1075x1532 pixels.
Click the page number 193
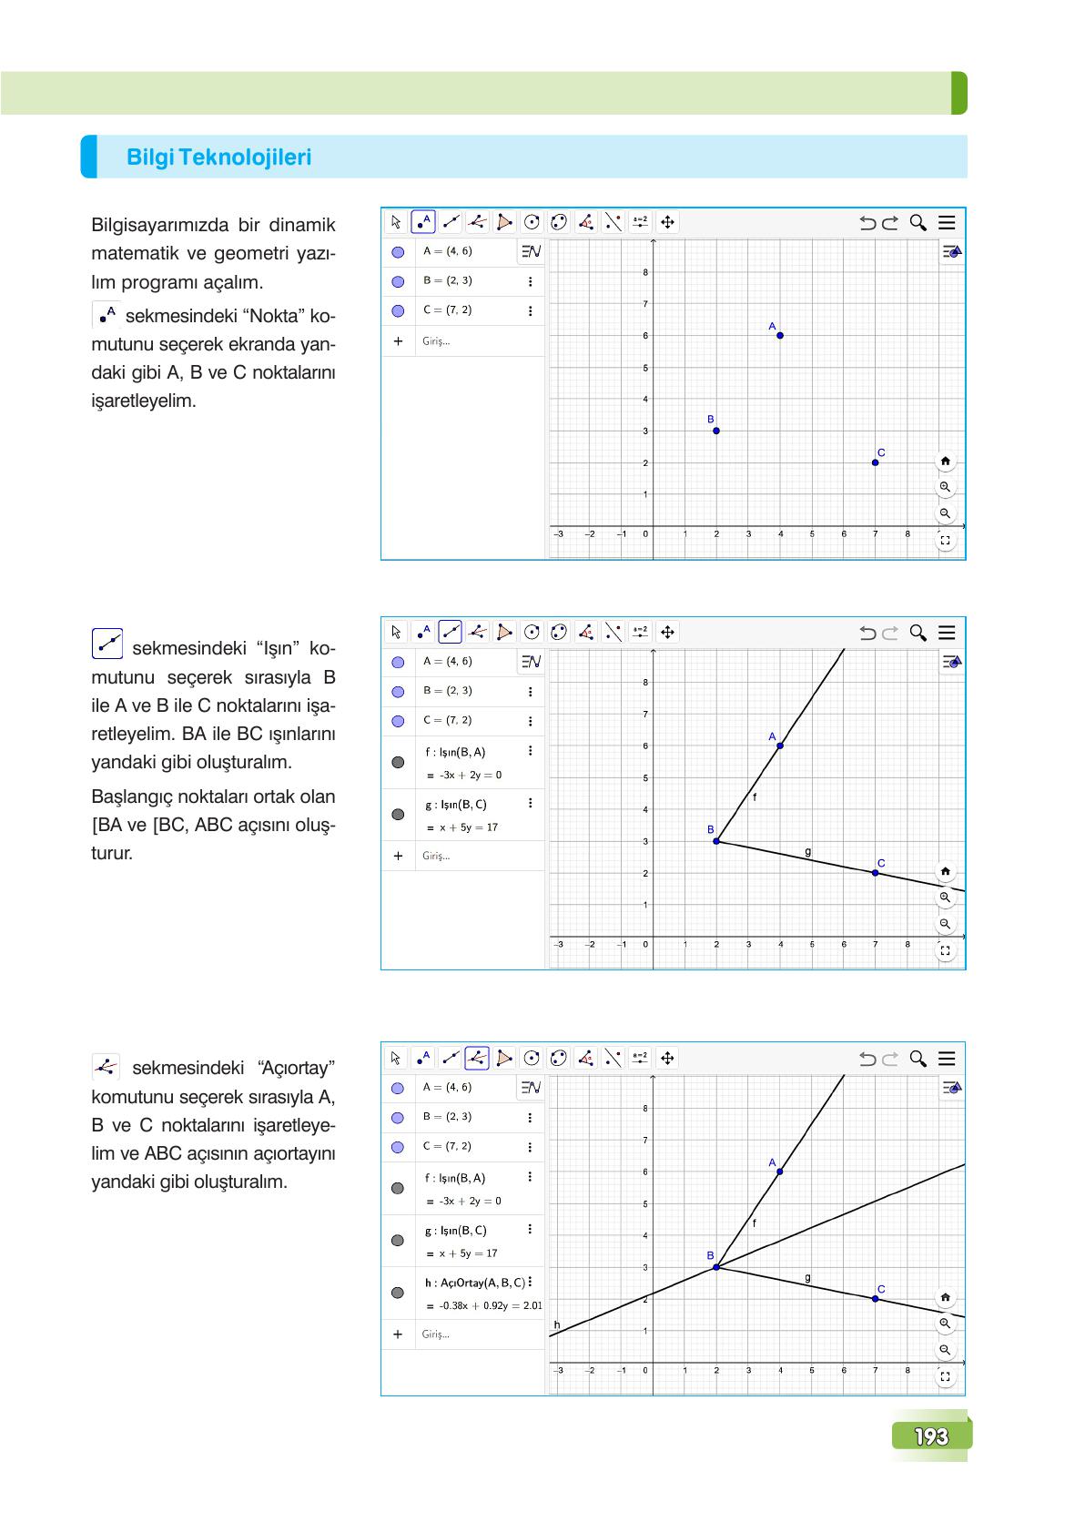pyautogui.click(x=931, y=1436)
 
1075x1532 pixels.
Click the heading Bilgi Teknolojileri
pyautogui.click(x=218, y=157)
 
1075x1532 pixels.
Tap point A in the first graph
pyautogui.click(x=780, y=335)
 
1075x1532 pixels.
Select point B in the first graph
pyautogui.click(x=716, y=431)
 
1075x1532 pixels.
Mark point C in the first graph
pyautogui.click(x=875, y=462)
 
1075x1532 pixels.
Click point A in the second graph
pyautogui.click(x=780, y=746)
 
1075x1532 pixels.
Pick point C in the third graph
pyautogui.click(x=875, y=1298)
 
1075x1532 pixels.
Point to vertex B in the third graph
pyautogui.click(x=716, y=1266)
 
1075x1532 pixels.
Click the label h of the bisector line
pyautogui.click(x=557, y=1324)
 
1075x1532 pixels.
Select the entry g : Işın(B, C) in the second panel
pyautogui.click(x=456, y=805)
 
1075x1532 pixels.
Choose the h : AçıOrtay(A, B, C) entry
pyautogui.click(x=474, y=1283)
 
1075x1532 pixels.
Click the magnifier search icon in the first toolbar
pyautogui.click(x=918, y=223)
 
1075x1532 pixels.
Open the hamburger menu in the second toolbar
pyautogui.click(x=947, y=633)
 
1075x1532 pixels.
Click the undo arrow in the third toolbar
pyautogui.click(x=867, y=1059)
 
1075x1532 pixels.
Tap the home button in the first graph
pyautogui.click(x=945, y=462)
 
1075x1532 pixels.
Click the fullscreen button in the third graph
pyautogui.click(x=945, y=1376)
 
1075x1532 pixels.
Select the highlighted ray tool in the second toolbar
pyautogui.click(x=450, y=633)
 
